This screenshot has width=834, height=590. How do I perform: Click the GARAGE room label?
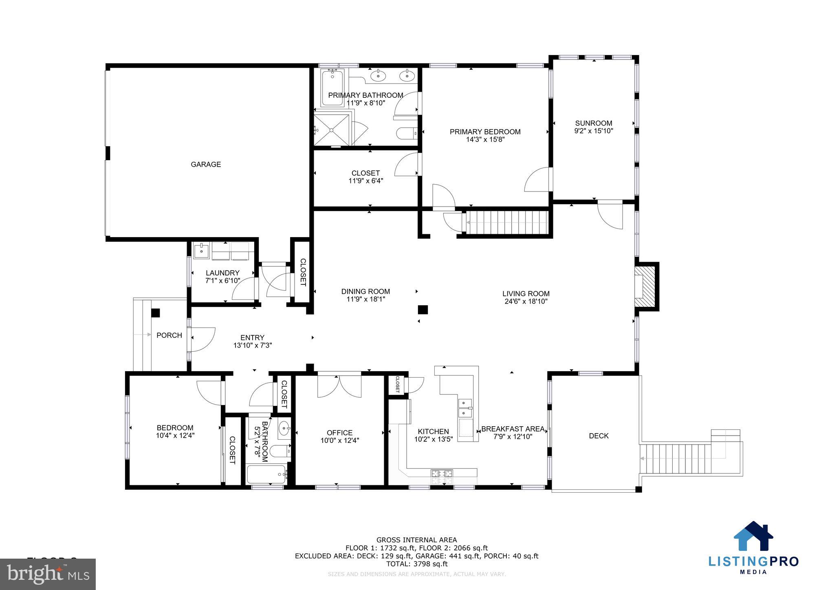206,164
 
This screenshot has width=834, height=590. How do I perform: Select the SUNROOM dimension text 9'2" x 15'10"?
593,131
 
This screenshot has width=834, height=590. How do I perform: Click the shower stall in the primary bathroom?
332,129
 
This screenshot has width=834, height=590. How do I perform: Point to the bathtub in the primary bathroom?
332,88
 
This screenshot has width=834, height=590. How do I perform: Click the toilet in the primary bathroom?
406,133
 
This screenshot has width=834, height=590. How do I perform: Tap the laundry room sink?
201,251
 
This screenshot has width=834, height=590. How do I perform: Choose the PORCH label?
169,335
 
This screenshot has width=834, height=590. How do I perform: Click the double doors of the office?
339,385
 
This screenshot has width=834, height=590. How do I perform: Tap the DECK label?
599,436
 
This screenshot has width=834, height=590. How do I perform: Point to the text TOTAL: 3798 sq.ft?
416,564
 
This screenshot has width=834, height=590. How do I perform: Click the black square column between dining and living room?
423,310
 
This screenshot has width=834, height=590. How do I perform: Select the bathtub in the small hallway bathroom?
267,474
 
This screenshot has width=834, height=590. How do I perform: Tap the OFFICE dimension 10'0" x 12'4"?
339,440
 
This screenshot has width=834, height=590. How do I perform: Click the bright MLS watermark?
48,574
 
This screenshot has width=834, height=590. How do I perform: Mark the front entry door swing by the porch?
202,339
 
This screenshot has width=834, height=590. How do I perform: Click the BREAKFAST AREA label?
513,429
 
